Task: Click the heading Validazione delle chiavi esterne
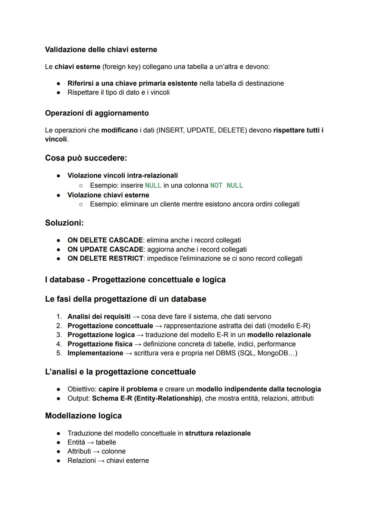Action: click(x=101, y=49)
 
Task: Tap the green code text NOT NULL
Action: click(x=227, y=186)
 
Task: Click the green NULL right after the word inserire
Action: click(x=153, y=186)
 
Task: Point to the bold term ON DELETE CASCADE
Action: click(x=105, y=240)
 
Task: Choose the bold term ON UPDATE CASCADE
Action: click(x=105, y=249)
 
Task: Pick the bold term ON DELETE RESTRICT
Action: click(x=105, y=258)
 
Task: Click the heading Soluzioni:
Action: click(x=64, y=223)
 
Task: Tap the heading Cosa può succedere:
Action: click(x=86, y=158)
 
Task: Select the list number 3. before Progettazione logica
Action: click(x=59, y=335)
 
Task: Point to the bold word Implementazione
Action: click(x=95, y=353)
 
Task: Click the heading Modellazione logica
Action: click(x=83, y=415)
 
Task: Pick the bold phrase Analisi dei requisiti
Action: click(x=99, y=317)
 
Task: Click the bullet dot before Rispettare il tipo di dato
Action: click(x=59, y=93)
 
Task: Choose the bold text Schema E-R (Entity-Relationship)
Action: click(x=146, y=398)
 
